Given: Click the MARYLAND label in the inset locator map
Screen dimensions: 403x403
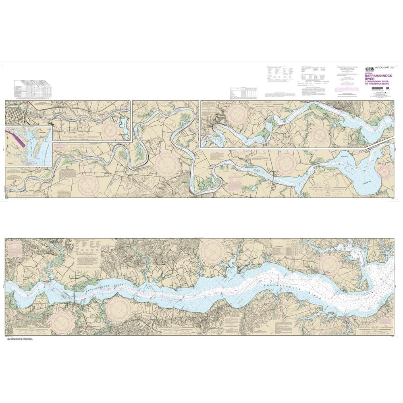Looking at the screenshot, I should click(x=42, y=131).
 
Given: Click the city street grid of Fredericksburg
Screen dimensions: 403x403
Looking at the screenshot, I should click(x=15, y=113).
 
